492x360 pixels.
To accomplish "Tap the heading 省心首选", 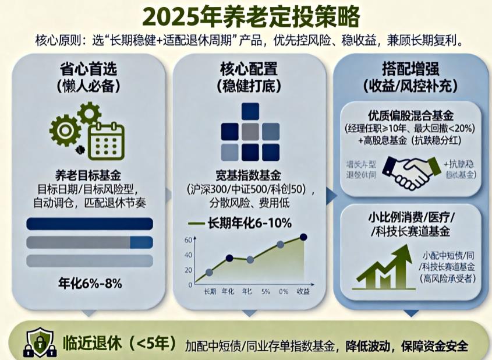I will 89,69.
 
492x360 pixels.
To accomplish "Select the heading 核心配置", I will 248,69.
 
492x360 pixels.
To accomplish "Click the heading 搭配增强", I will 410,69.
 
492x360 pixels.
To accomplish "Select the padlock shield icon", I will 37,342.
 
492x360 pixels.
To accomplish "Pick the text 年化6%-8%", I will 90,284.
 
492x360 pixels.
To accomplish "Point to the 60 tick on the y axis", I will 188,240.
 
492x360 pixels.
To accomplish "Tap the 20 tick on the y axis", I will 188,270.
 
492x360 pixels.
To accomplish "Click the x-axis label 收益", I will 303,291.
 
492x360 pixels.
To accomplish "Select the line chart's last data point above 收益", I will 303,237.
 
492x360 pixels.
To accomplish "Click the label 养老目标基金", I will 89,174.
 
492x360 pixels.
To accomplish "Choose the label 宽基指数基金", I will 249,175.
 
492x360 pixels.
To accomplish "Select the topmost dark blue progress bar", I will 90,224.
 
